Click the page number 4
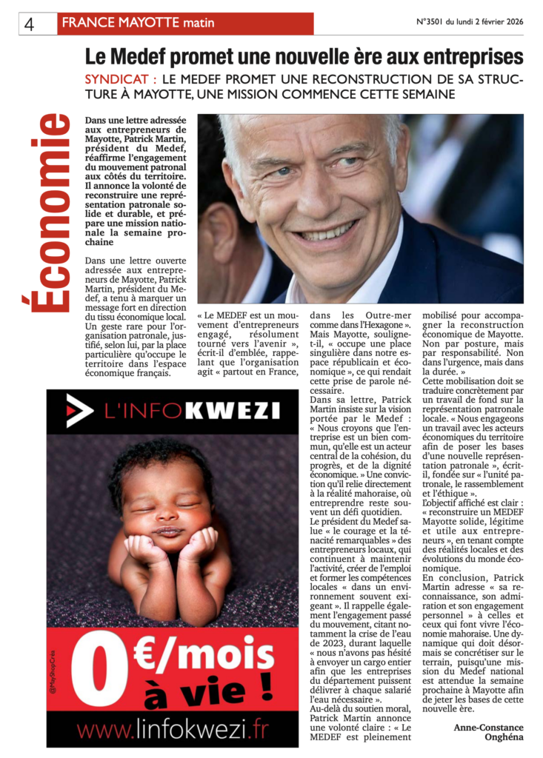coord(30,24)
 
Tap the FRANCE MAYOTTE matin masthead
coord(138,23)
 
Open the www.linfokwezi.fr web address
coord(173,731)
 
